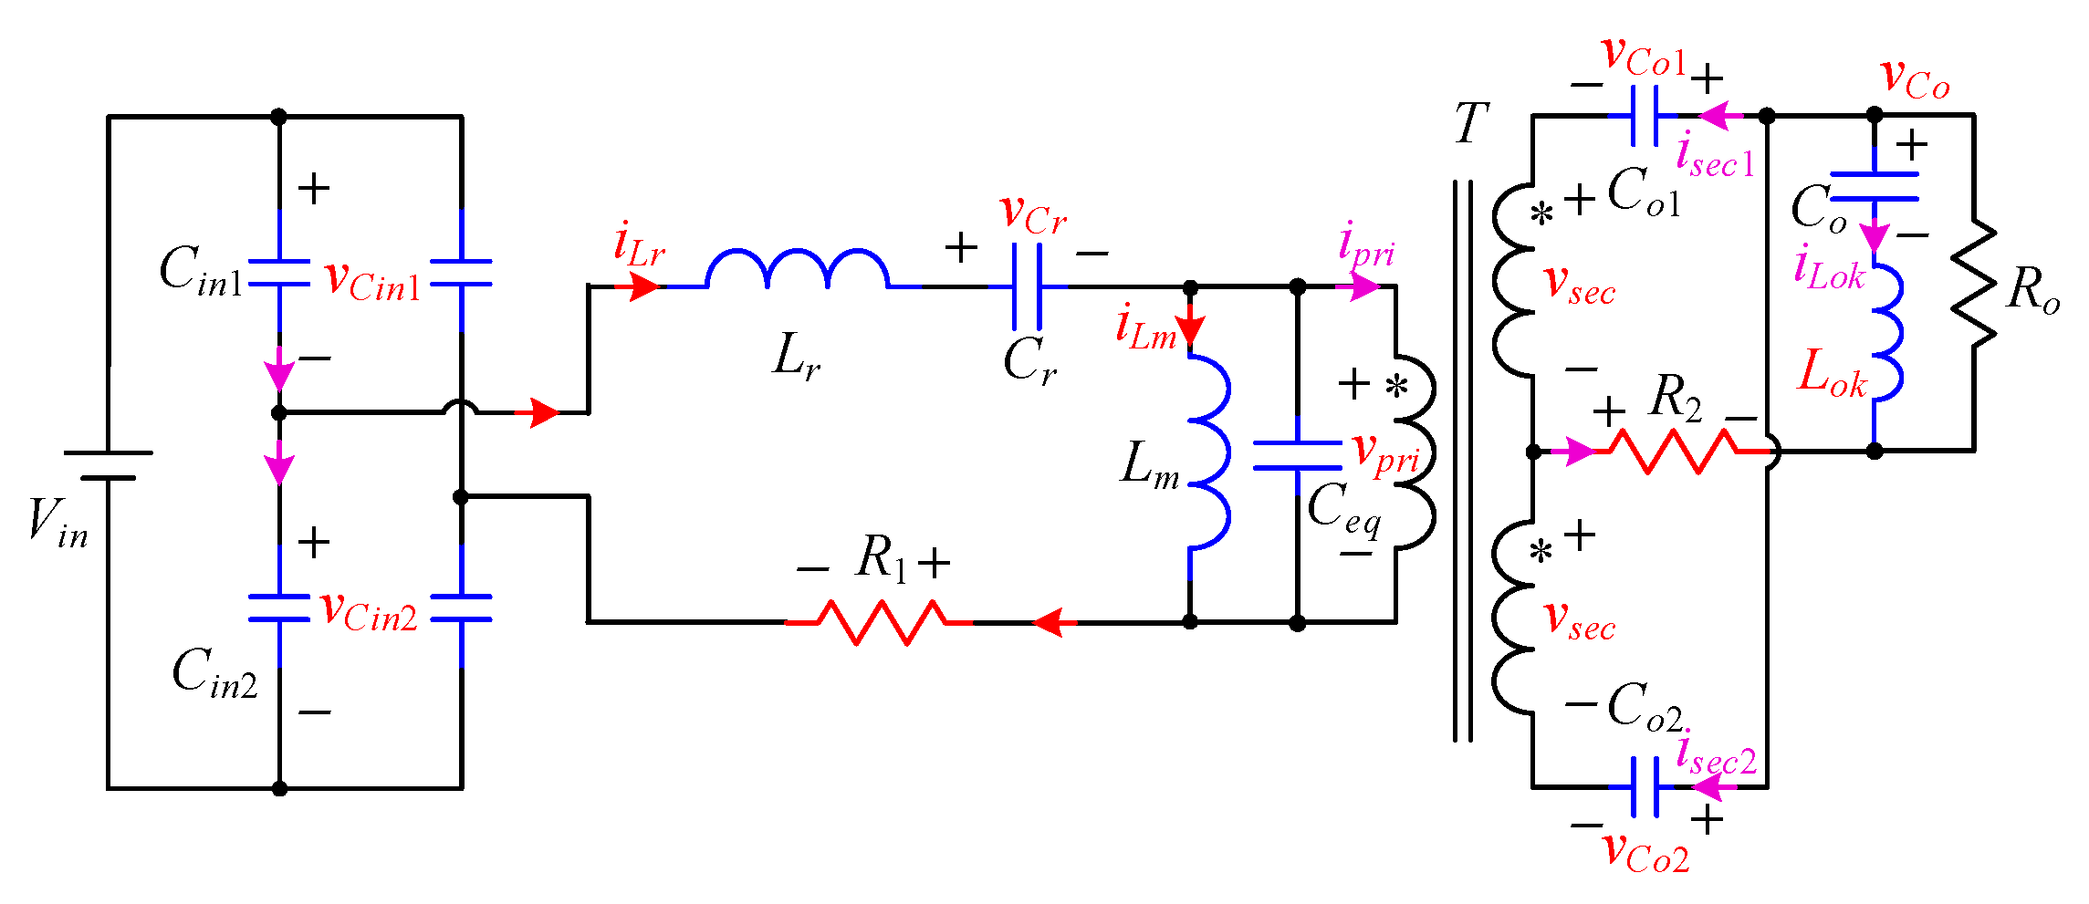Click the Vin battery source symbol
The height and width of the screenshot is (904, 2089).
108,465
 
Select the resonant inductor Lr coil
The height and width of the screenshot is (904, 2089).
797,269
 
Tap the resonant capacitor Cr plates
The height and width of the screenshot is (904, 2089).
1027,286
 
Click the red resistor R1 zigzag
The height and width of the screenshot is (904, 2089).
879,622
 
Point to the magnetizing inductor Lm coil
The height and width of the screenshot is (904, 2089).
1209,452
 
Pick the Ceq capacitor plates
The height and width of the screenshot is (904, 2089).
1297,455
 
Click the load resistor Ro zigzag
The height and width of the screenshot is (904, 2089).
1974,283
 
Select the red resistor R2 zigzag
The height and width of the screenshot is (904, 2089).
1672,451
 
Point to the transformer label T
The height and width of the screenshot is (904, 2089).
1471,124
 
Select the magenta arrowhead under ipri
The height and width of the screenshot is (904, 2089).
1363,286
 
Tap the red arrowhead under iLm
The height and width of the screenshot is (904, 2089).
1190,330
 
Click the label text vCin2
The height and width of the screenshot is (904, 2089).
369,610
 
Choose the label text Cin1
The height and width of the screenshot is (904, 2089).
201,271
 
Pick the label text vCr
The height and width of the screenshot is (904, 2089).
1033,214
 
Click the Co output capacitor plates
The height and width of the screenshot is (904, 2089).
1875,186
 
